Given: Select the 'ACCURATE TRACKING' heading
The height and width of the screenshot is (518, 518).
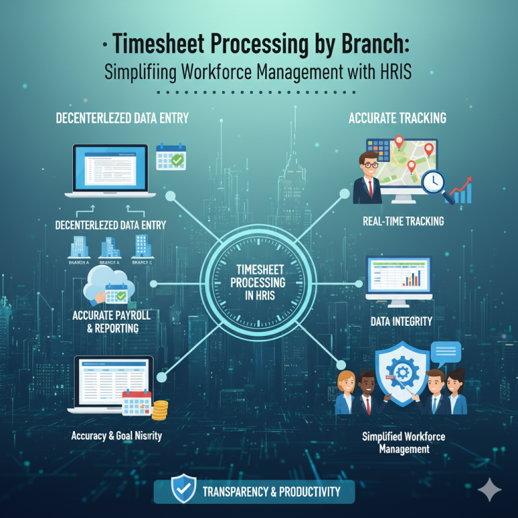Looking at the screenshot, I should pos(397,118).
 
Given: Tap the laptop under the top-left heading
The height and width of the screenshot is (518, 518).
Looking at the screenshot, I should pos(109,171).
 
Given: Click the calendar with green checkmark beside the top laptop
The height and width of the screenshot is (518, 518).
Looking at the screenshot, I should pos(170,156).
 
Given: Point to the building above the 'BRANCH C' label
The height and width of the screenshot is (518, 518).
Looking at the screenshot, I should pos(142,246).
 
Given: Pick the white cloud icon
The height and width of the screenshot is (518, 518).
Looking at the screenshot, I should pos(101,283).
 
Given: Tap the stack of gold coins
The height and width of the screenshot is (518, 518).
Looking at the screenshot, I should pos(160,409).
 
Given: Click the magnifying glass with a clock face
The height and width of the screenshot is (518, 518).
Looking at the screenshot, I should pos(432,181).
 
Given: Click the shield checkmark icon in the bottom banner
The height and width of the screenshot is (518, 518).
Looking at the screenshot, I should pos(183,490).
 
